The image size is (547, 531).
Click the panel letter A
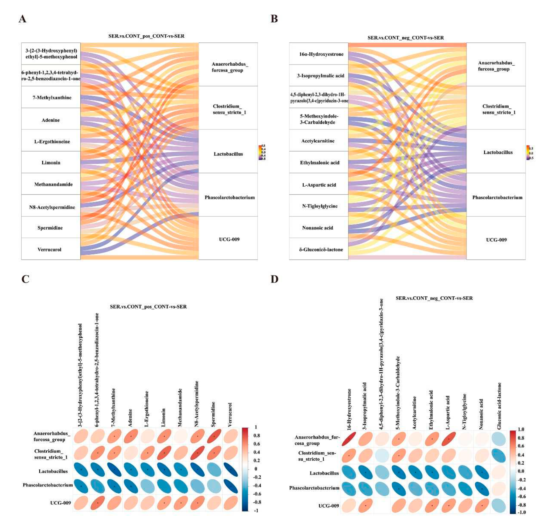point(23,19)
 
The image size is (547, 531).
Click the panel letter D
point(274,279)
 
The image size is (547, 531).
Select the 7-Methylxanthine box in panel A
point(51,97)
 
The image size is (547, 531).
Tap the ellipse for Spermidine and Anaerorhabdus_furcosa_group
point(214,436)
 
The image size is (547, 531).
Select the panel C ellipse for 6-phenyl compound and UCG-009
point(98,503)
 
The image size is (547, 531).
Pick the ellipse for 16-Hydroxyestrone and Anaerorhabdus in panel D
point(349,439)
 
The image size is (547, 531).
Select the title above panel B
point(406,38)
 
